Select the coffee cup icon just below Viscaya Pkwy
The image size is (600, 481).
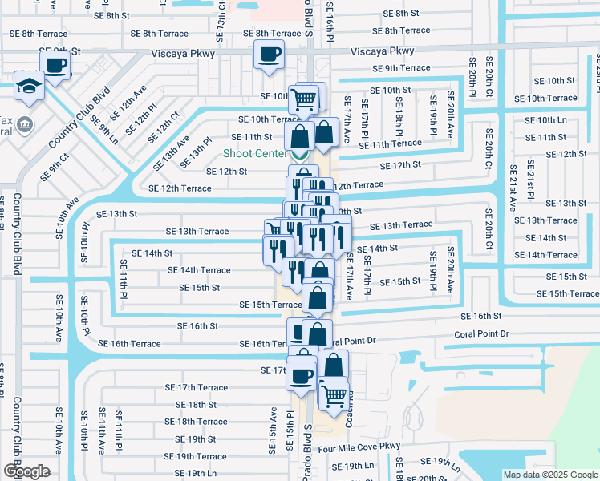click(x=269, y=54)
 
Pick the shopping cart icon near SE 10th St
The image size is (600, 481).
click(x=305, y=99)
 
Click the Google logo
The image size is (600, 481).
click(x=26, y=471)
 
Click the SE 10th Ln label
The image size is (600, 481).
click(x=545, y=120)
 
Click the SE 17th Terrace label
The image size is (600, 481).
click(x=196, y=387)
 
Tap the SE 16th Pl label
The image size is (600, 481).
click(x=330, y=19)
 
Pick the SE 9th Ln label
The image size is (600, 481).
click(x=104, y=129)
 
